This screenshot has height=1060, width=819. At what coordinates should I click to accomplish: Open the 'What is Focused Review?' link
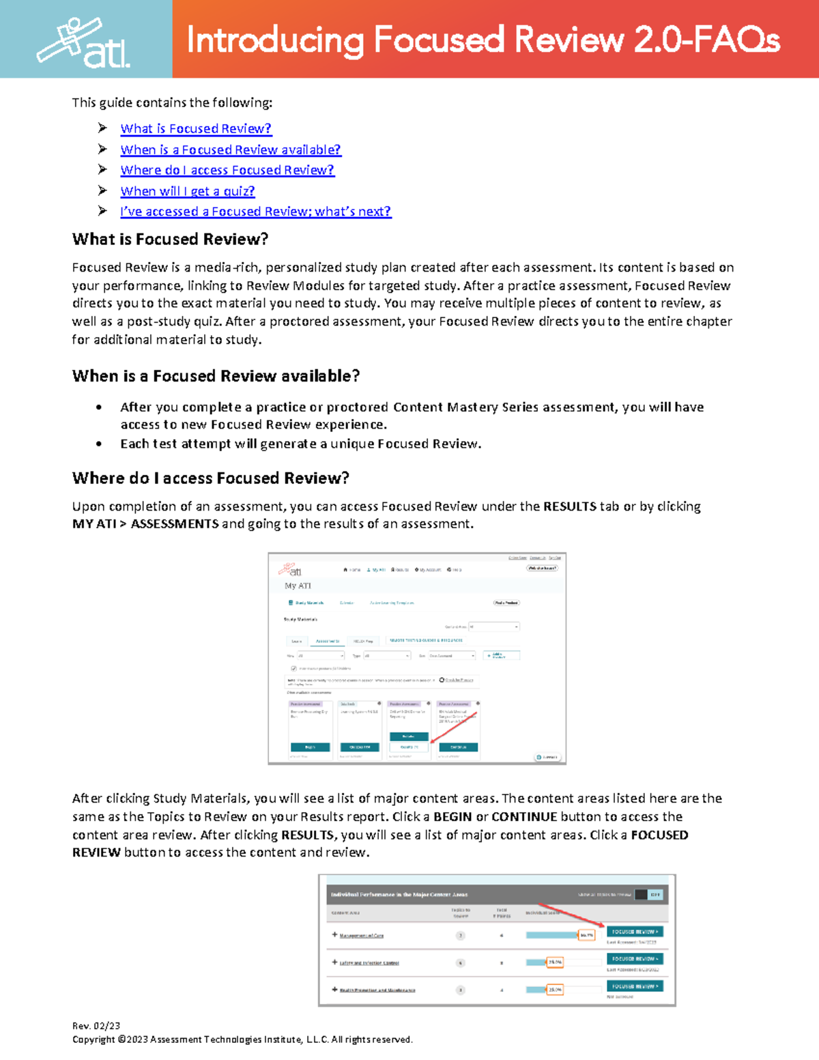coord(196,128)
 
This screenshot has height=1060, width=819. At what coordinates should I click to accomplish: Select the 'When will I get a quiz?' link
coord(188,191)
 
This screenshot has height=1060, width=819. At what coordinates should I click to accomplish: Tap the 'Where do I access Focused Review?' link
coord(227,170)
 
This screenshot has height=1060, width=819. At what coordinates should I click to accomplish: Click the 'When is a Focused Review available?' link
coord(231,149)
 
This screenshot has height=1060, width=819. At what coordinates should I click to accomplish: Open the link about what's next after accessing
coord(256,212)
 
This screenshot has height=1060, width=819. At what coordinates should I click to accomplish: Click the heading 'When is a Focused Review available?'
coord(216,376)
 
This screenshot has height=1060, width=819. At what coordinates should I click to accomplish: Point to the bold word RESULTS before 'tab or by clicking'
coord(570,506)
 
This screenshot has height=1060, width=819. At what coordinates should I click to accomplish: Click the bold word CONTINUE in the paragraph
coord(524,817)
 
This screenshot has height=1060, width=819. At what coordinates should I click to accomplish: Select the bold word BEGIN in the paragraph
coord(452,817)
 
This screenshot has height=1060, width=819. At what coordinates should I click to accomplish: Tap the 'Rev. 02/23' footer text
coord(96,1026)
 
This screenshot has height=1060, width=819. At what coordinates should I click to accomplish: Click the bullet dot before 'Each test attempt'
coord(100,444)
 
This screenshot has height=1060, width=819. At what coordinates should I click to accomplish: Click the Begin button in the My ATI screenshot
coord(310,747)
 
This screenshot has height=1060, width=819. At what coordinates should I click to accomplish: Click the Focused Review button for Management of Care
coord(635,932)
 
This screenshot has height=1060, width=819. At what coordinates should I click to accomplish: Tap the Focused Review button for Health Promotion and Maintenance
coord(635,986)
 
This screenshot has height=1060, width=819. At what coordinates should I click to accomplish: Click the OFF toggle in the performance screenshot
coord(655,895)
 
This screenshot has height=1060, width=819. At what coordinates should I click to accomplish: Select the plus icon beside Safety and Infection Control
coord(334,962)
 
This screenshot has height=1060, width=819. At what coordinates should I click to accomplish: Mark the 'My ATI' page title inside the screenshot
coord(298,586)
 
